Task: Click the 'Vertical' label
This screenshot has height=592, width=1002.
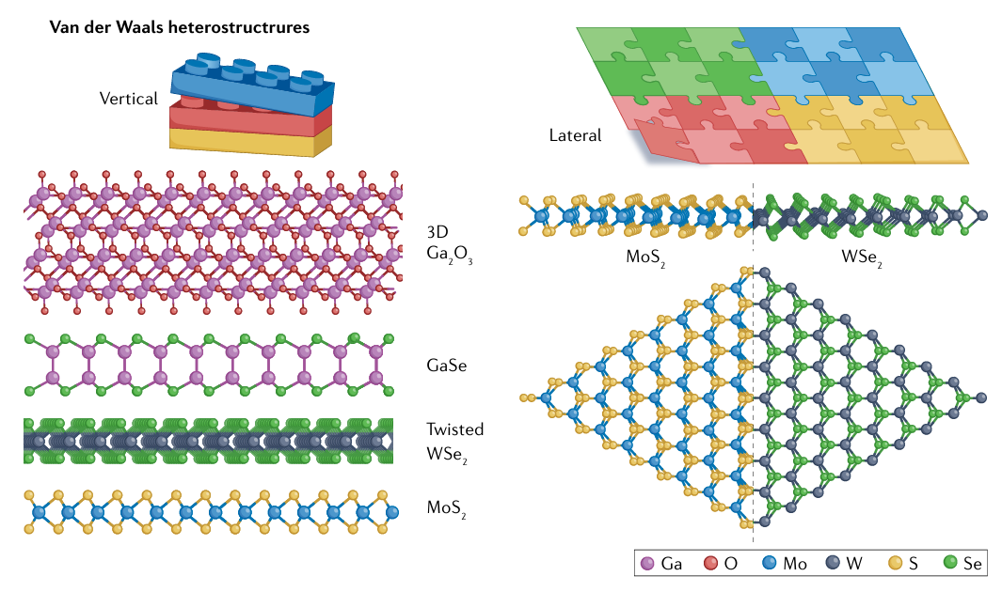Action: (129, 98)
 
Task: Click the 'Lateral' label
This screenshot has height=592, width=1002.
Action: (575, 135)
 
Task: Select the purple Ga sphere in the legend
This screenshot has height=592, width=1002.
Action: (646, 564)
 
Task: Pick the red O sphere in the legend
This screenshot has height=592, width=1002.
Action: (711, 564)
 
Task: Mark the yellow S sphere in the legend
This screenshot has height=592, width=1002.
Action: (896, 564)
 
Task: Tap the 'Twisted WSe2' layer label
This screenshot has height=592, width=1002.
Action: (454, 440)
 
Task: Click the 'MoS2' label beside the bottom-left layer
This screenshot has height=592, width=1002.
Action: (447, 509)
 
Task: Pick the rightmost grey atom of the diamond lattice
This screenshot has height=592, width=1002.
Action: (982, 397)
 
